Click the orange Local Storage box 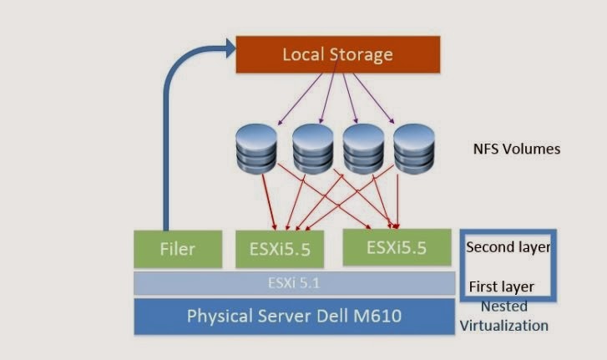pyautogui.click(x=336, y=56)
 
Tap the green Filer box pyautogui.click(x=177, y=249)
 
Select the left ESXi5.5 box pyautogui.click(x=281, y=249)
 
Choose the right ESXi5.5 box pyautogui.click(x=397, y=246)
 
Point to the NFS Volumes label pyautogui.click(x=515, y=150)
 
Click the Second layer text pyautogui.click(x=508, y=247)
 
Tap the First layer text pyautogui.click(x=501, y=286)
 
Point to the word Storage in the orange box pyautogui.click(x=360, y=56)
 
